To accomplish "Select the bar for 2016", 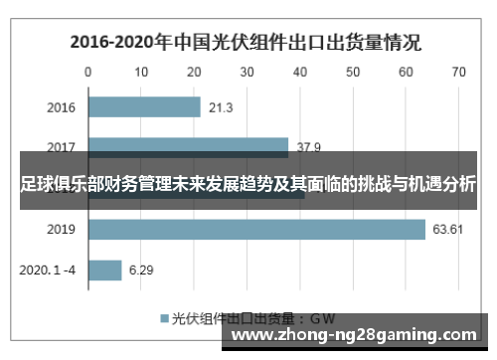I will (x=144, y=106).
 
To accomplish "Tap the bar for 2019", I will (x=256, y=230).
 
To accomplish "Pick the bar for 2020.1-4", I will (x=104, y=270).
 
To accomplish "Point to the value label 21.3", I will (x=222, y=106).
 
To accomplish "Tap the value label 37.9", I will (x=309, y=147).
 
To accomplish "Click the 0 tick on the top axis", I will (x=87, y=72).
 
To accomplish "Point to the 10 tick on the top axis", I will (x=141, y=72).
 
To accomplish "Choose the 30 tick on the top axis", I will (x=247, y=72).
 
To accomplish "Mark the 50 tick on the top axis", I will (x=353, y=72).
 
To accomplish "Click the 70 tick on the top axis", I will (x=458, y=72).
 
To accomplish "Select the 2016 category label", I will (x=61, y=106).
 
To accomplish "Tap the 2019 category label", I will (x=61, y=230).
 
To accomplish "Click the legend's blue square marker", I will (x=164, y=318).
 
